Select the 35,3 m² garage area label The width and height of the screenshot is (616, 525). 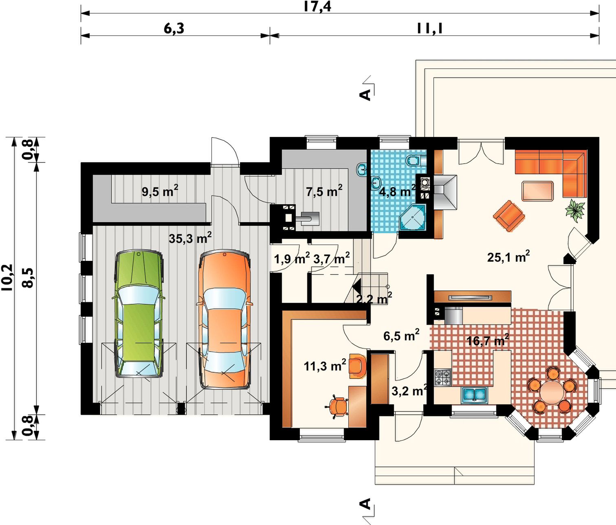pos(190,238)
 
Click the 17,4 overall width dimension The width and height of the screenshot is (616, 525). pos(317,7)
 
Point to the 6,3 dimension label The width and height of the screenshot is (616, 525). pos(174,28)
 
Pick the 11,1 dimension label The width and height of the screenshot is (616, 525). pos(429,28)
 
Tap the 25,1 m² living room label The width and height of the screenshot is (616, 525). pos(508,257)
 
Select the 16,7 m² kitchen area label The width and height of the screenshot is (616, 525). pos(488,340)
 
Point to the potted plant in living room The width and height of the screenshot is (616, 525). pos(575,210)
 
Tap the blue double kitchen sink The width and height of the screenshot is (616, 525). pos(475,395)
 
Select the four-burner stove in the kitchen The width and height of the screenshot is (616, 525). pos(443,377)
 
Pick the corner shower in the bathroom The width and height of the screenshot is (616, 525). pos(412,217)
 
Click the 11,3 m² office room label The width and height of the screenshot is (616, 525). pos(325,366)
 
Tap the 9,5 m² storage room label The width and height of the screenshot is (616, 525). pos(160,191)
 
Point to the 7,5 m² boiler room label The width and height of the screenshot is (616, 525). pos(324,191)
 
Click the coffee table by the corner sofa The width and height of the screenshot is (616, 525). pos(538,191)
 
